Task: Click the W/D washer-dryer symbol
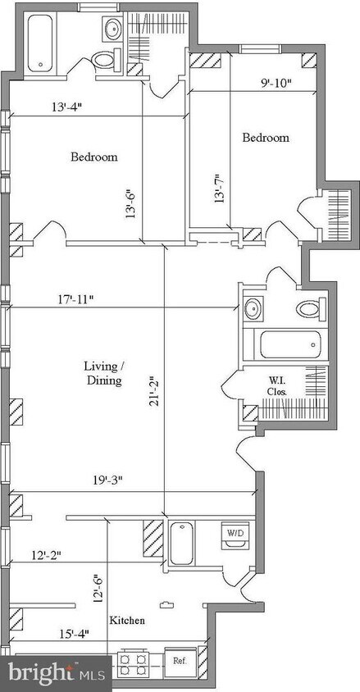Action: coord(235,535)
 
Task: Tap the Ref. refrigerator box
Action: coord(179,661)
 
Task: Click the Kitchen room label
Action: coord(126,621)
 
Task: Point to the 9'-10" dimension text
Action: coord(276,84)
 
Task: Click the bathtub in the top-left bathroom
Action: coord(40,43)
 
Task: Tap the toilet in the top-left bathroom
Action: coord(106,60)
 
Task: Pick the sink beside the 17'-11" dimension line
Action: coord(253,308)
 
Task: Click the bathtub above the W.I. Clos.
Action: coord(289,344)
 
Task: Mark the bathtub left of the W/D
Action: coord(181,544)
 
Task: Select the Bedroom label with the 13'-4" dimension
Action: coord(94,157)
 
